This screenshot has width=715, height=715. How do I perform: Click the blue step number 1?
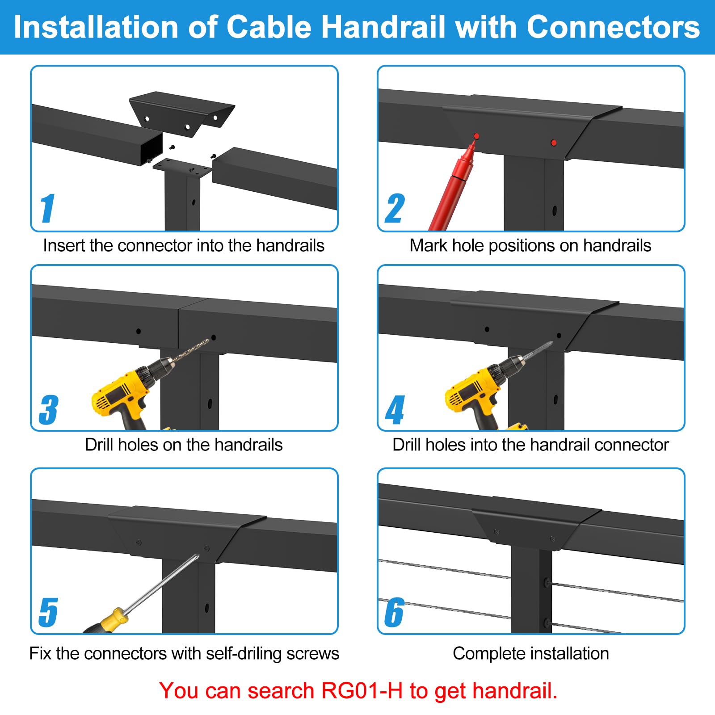[x=47, y=208]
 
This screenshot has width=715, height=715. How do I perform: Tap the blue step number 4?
[x=395, y=410]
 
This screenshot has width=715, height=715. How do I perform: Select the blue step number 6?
[x=394, y=612]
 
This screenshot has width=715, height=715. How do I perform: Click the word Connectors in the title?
[x=613, y=28]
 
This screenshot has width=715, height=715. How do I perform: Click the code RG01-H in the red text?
[x=362, y=690]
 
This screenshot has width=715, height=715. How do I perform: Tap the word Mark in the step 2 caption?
[x=429, y=245]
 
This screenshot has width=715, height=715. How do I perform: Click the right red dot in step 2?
[x=554, y=143]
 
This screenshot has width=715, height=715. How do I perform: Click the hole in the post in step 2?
[x=555, y=210]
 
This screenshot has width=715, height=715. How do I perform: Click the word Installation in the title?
[x=97, y=28]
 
